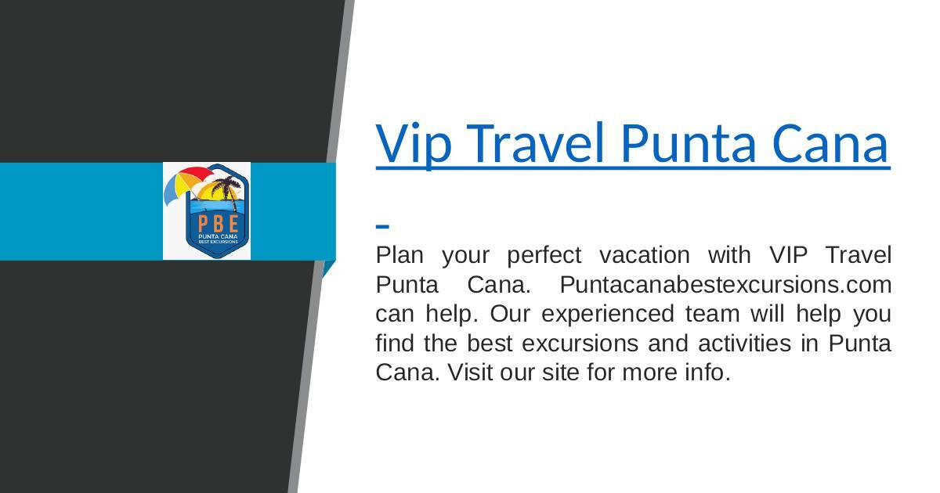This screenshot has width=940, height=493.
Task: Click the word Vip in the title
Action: [414, 144]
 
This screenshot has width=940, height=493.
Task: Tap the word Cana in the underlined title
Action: [831, 143]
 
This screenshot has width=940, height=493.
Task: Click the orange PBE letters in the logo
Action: [219, 224]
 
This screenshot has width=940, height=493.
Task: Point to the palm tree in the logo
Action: [227, 191]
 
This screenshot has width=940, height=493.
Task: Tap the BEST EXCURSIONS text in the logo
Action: [219, 242]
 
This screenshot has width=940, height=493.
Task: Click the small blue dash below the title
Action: [382, 226]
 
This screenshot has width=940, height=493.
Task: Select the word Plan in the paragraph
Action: [399, 255]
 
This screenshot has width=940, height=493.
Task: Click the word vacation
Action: [645, 255]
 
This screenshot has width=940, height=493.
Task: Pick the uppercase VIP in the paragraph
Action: [788, 255]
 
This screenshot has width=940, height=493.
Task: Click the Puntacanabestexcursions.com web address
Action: [725, 285]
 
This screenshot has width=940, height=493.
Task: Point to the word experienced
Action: [608, 314]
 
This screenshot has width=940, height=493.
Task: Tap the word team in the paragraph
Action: [713, 314]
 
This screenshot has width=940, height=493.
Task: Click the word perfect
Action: [544, 255]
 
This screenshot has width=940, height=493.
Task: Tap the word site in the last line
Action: [561, 372]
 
